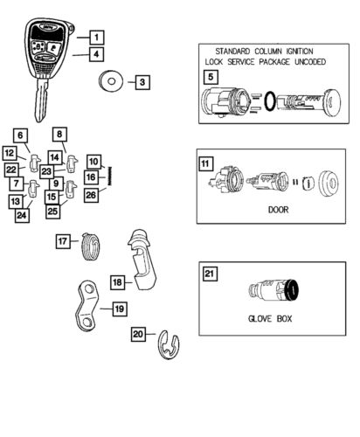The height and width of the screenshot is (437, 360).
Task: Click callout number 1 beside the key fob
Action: coord(96,38)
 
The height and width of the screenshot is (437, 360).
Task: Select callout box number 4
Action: coord(96,54)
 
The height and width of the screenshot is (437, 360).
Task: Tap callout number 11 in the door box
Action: coord(205,163)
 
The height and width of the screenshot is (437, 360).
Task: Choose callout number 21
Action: coord(210,274)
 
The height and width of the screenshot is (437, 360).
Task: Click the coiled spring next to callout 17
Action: coord(90,246)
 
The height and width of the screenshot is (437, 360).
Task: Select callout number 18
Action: coord(117,281)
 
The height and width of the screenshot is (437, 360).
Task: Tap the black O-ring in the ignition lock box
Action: coord(269,103)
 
